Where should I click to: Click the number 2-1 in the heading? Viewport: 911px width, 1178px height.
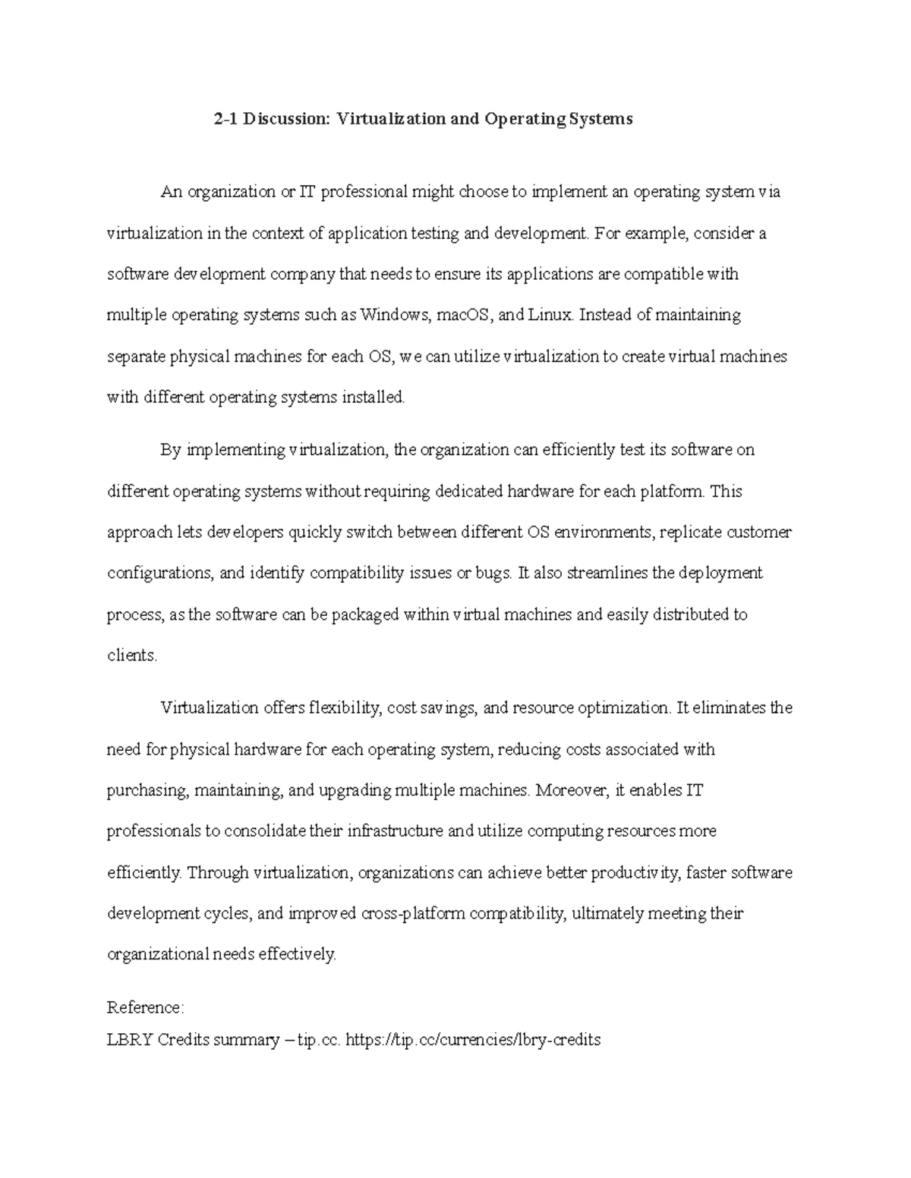coord(225,119)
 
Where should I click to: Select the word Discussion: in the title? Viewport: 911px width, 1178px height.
coord(285,119)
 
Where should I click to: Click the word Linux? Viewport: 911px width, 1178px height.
coord(550,315)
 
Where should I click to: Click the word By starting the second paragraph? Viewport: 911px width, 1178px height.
coord(170,450)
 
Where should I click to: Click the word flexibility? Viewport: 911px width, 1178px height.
coord(344,708)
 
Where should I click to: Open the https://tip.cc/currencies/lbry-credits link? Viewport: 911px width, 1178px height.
coord(473,1040)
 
